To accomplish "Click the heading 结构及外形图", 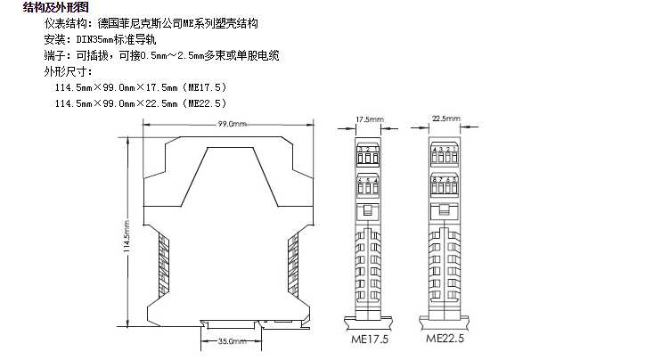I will coord(55,7).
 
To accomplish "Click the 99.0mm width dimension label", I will coord(232,125).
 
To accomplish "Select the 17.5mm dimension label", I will coord(369,119).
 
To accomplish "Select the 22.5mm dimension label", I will coord(445,119).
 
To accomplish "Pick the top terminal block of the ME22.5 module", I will coord(445,153).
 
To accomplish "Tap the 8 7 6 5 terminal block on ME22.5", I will coord(445,187).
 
